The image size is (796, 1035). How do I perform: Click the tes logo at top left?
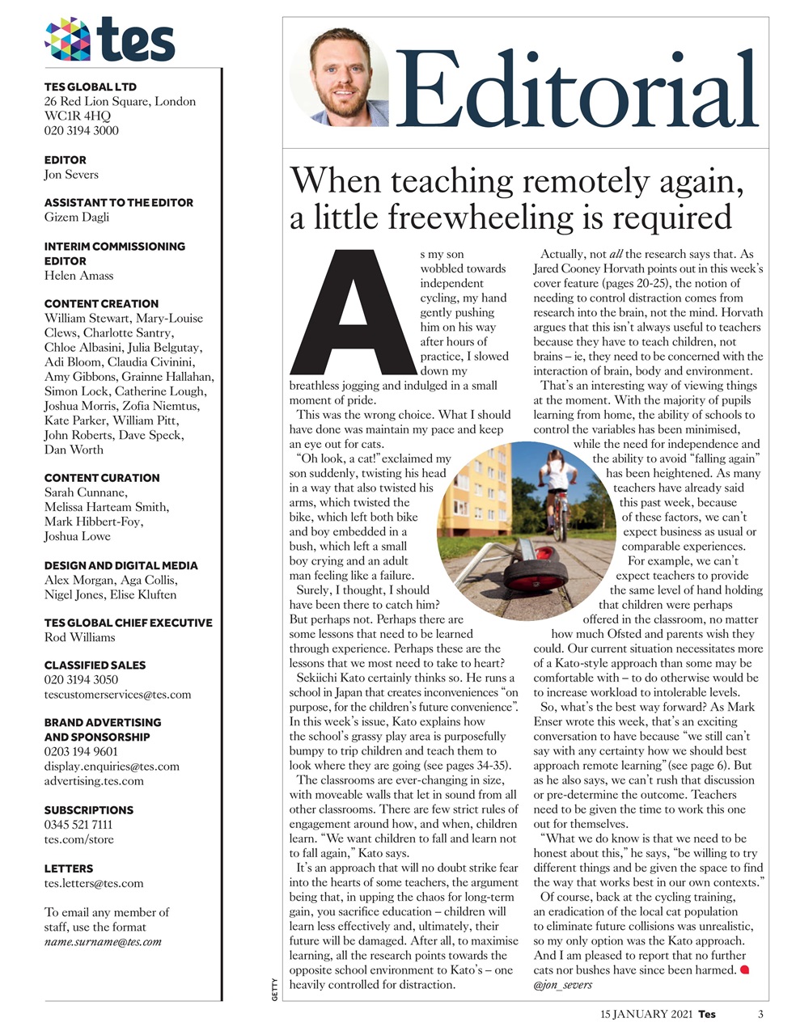[x=110, y=40]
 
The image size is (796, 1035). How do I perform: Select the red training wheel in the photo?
[x=531, y=575]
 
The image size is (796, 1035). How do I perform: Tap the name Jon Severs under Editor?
[x=71, y=175]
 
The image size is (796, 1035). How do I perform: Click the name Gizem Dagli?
[x=77, y=218]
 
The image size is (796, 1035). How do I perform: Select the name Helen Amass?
[x=79, y=276]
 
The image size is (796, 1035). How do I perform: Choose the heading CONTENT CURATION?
[x=102, y=478]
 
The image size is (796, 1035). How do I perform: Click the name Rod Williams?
[x=79, y=637]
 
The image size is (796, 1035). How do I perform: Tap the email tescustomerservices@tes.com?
[x=117, y=695]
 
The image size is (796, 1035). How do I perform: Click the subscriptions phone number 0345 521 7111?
[x=78, y=825]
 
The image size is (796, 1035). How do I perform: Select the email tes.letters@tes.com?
[x=94, y=883]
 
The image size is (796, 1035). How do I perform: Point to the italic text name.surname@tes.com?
[x=103, y=941]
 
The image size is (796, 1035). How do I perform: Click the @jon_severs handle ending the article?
[x=563, y=985]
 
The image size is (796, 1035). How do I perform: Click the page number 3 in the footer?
[x=760, y=1014]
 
